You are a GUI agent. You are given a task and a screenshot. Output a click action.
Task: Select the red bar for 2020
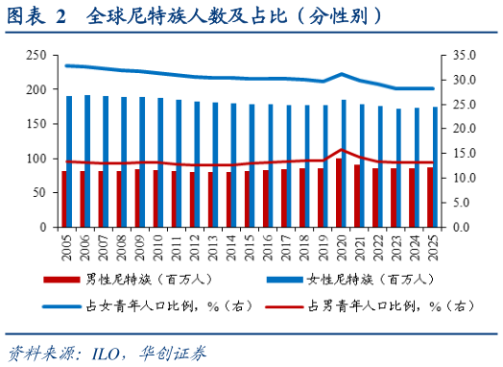tap(339, 193)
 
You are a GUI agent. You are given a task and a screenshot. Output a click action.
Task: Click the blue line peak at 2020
tap(344, 74)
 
